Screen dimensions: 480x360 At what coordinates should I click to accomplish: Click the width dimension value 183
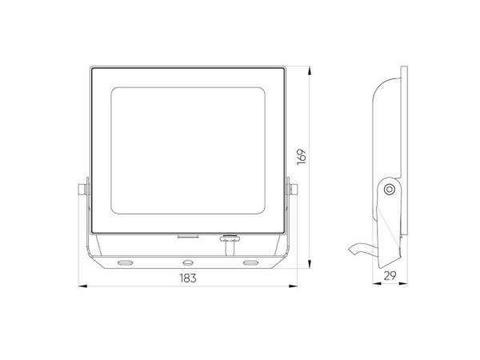tap(188, 278)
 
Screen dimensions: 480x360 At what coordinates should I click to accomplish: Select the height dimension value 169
tap(302, 157)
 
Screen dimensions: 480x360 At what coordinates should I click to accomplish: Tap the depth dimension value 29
tap(390, 275)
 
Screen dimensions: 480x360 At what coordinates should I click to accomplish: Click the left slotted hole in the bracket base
tap(126, 262)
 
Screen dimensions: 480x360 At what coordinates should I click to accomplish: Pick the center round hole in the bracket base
tap(188, 262)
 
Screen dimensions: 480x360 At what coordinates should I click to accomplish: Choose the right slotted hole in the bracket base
tap(250, 262)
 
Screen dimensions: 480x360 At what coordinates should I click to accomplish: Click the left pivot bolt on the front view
tap(82, 190)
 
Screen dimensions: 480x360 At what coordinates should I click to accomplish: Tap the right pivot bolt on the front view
tap(294, 190)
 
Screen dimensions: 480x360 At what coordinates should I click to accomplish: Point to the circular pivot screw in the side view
tap(390, 190)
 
